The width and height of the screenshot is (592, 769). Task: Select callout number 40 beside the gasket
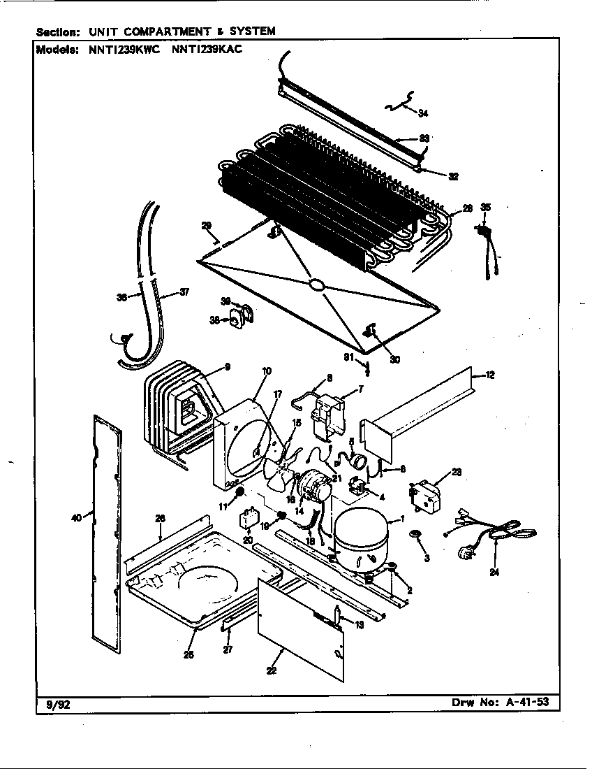[77, 517]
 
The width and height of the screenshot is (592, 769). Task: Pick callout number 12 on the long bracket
[490, 376]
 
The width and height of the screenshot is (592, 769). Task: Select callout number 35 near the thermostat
[486, 207]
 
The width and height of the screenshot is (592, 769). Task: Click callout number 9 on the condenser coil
[228, 366]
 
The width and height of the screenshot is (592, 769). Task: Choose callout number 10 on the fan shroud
[267, 371]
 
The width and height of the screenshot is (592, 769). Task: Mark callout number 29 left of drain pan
[206, 225]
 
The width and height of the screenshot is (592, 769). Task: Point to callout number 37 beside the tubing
[184, 292]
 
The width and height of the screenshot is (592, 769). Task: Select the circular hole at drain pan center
[316, 285]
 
